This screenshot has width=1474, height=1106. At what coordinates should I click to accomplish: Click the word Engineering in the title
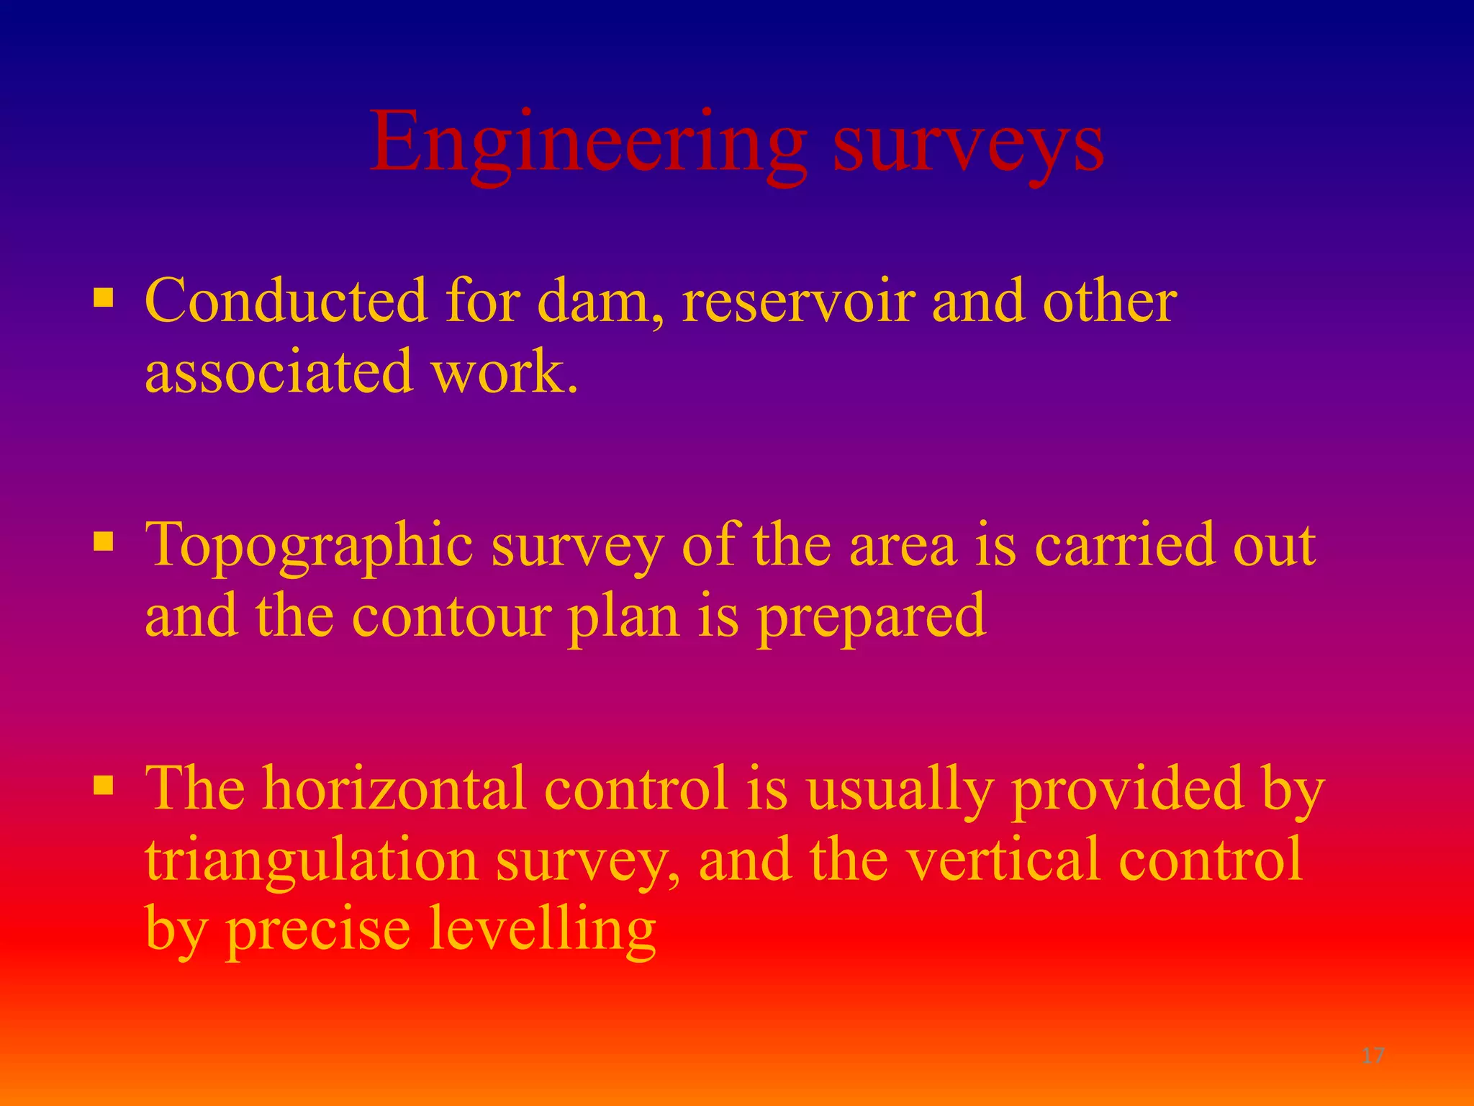pyautogui.click(x=587, y=144)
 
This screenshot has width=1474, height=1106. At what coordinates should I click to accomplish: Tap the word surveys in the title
pyautogui.click(x=967, y=148)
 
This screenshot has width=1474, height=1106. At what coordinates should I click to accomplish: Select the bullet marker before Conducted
pyautogui.click(x=104, y=297)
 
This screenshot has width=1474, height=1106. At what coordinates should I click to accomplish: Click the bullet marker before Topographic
pyautogui.click(x=104, y=540)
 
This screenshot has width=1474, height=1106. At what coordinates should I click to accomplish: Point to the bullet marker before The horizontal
pyautogui.click(x=104, y=784)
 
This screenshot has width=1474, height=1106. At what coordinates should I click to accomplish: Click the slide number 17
pyautogui.click(x=1373, y=1056)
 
